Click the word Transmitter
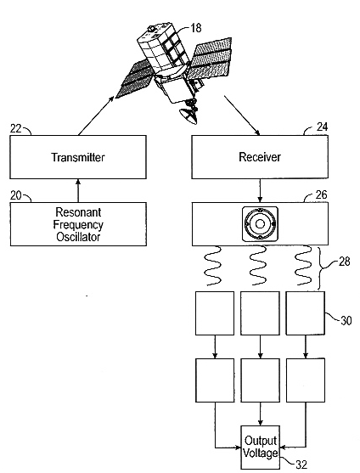78,157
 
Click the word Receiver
260,157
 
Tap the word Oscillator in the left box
78,236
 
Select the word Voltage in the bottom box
260,453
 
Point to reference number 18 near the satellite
195,28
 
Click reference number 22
15,128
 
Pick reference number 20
15,195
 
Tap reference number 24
322,127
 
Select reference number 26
321,194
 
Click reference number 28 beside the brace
345,262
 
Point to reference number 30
346,320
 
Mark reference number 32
301,465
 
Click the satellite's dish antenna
188,116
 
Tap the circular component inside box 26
260,224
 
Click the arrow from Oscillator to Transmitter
78,191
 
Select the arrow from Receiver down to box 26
260,191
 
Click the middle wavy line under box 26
258,266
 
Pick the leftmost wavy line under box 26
213,266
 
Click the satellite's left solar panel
133,79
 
